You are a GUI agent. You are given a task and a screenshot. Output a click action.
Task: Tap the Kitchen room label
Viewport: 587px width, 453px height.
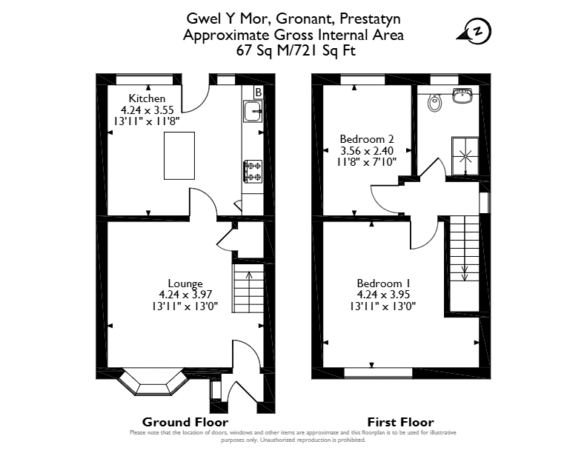click(147, 98)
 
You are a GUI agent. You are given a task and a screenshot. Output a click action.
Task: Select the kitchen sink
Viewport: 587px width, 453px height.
click(253, 111)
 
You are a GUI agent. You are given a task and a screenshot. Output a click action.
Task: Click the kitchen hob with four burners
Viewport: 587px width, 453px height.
click(253, 172)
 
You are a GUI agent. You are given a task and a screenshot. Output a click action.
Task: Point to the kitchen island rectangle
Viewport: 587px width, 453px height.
click(179, 155)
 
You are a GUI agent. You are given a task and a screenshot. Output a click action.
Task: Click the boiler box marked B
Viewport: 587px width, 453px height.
click(259, 92)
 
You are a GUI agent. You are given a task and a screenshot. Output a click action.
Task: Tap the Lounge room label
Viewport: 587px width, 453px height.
click(185, 283)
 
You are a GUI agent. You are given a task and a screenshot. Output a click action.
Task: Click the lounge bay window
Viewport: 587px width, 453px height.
click(153, 382)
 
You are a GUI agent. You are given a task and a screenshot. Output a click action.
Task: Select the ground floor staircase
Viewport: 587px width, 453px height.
click(248, 288)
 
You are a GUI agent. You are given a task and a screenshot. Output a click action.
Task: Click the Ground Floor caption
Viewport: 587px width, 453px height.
click(185, 423)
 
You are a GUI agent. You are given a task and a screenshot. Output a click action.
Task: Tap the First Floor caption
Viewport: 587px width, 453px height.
click(400, 423)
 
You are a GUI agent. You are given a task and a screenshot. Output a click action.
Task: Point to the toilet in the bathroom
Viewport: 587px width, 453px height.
click(434, 103)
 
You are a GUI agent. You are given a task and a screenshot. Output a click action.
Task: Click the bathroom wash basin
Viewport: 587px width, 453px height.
click(465, 95)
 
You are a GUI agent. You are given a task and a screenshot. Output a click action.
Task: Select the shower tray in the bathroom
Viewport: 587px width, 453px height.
click(465, 156)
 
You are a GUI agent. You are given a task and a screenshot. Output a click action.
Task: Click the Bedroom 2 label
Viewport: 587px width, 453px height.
click(366, 139)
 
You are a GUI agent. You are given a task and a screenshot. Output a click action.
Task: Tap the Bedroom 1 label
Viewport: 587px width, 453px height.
click(383, 283)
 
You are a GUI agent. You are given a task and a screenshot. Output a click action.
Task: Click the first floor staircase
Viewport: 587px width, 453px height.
click(464, 264)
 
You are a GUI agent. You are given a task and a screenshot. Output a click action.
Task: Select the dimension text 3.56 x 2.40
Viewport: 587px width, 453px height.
click(366, 150)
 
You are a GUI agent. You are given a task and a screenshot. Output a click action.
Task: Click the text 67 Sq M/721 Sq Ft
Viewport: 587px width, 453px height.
click(296, 50)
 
